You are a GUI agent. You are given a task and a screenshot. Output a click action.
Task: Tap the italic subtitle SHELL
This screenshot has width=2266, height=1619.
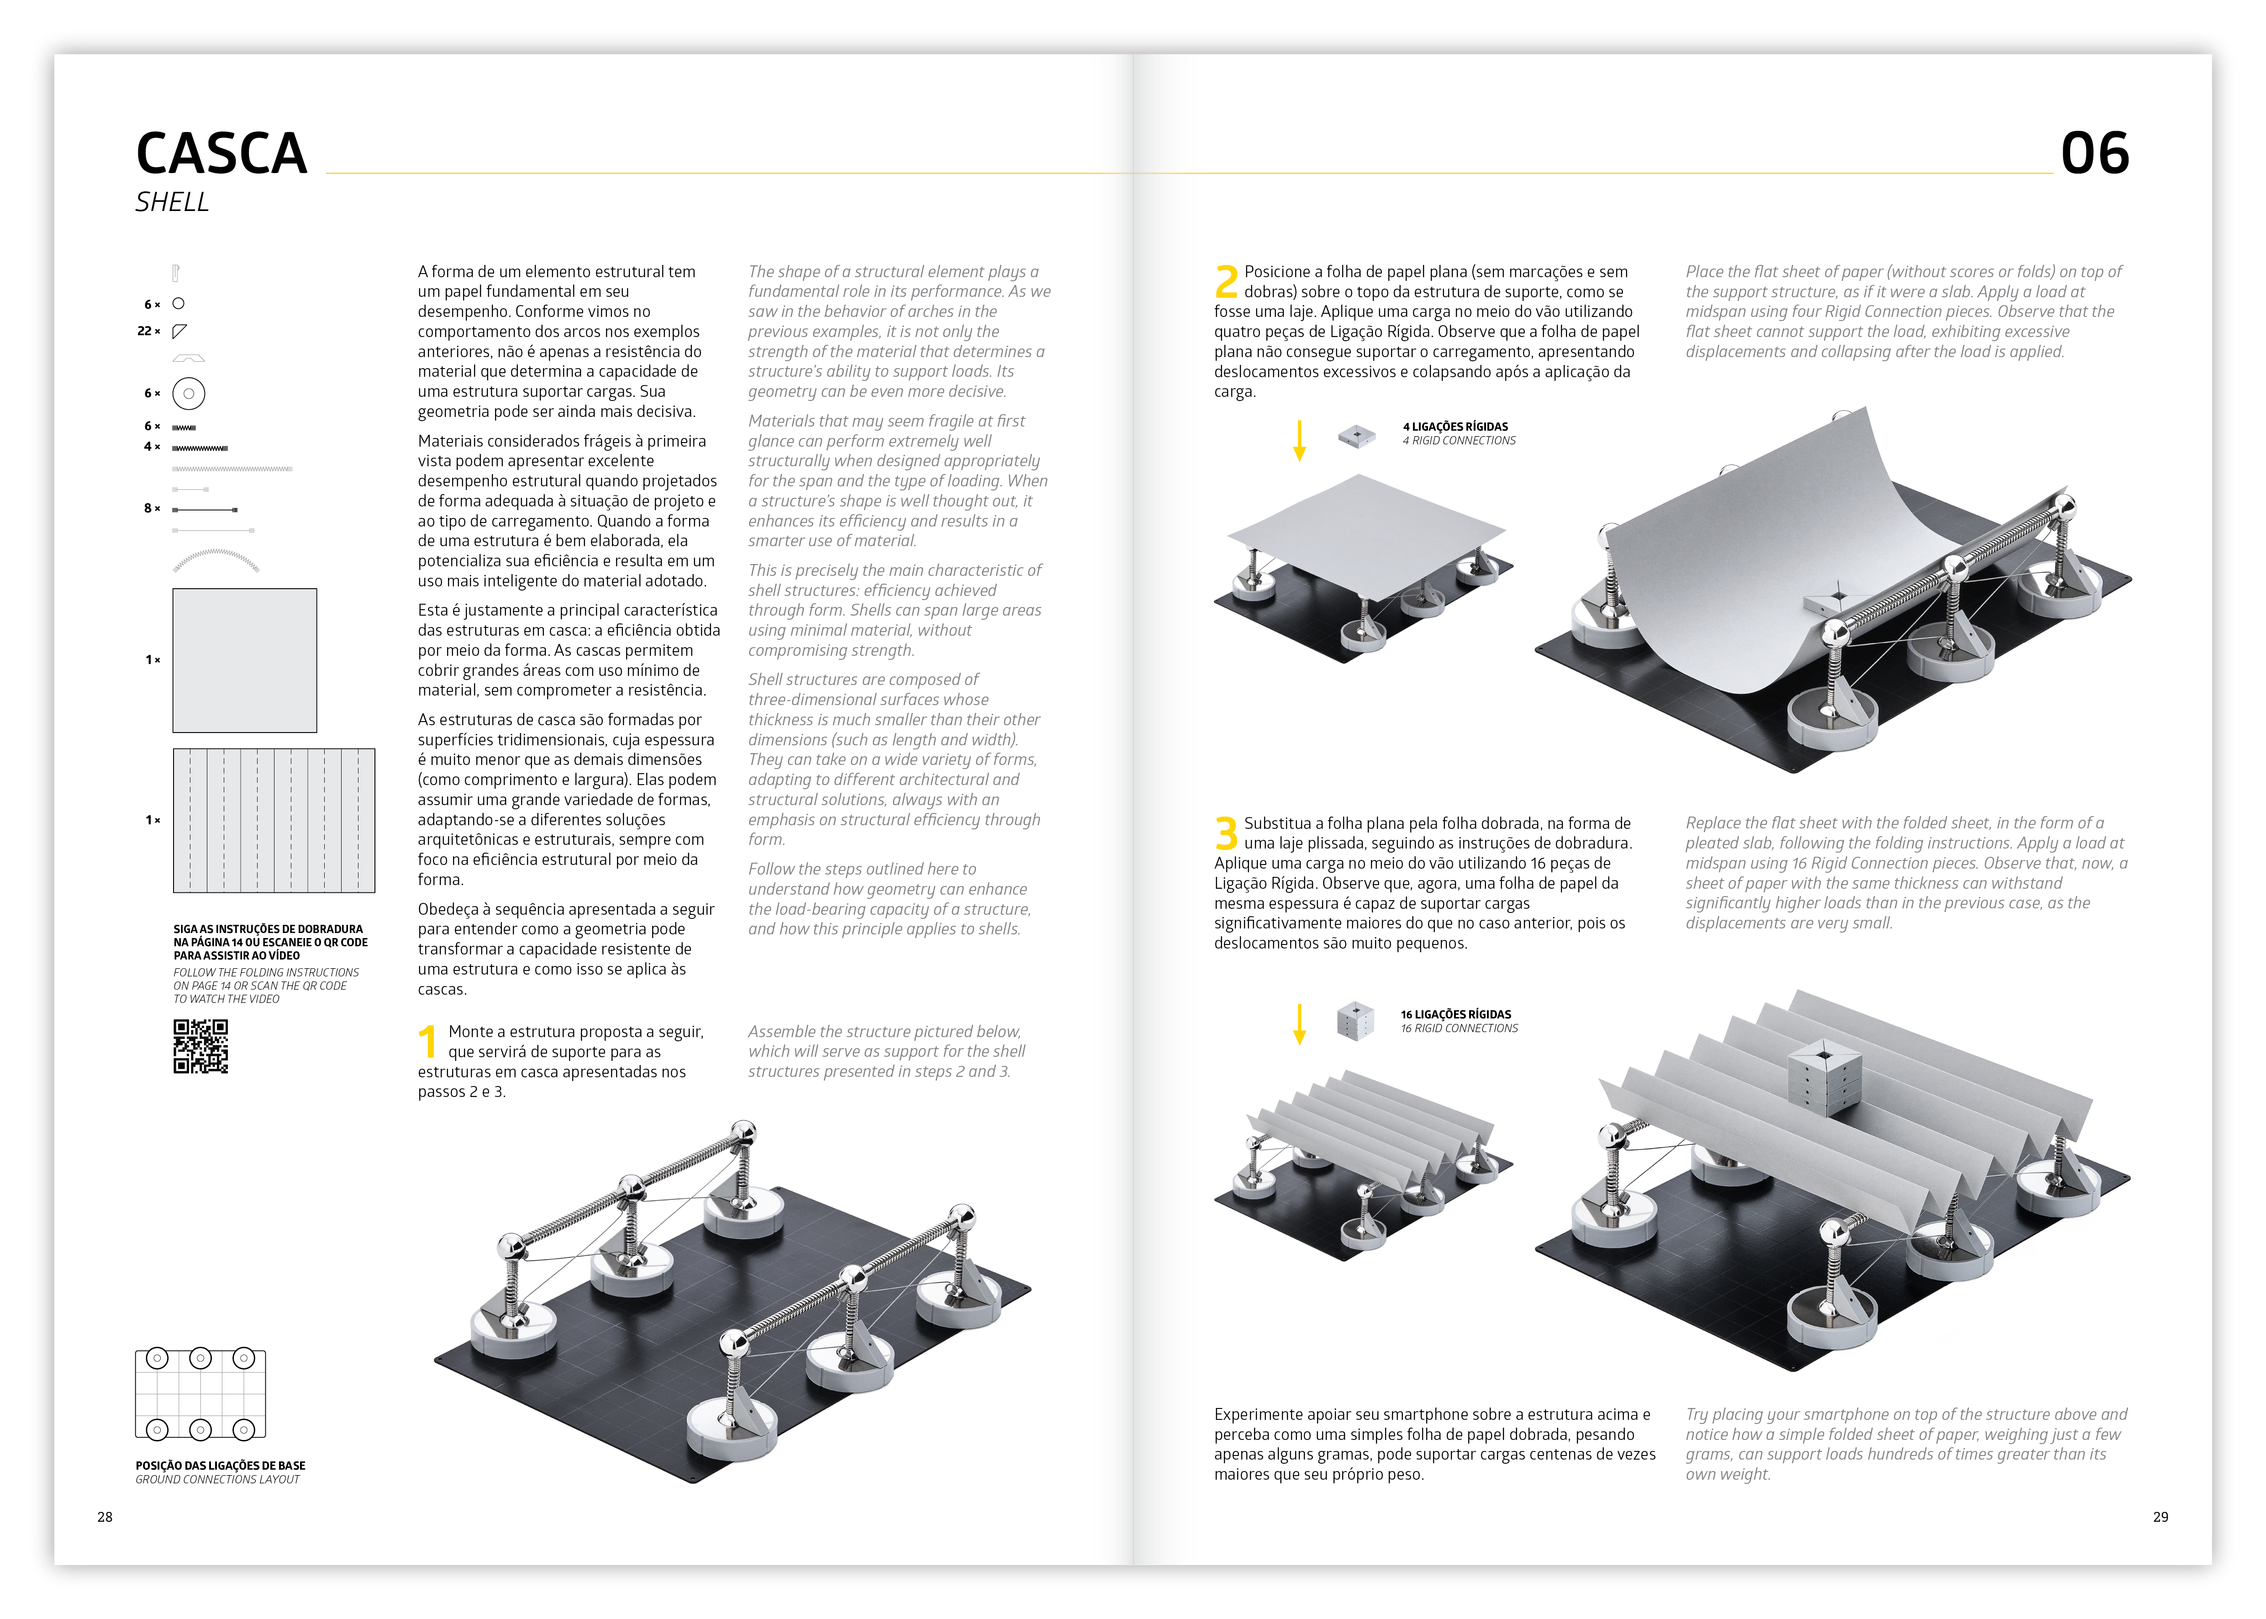pos(173,202)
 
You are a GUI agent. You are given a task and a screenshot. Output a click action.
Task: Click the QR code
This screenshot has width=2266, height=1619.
pos(200,1046)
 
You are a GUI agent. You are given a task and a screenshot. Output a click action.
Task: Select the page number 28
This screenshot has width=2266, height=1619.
pos(105,1516)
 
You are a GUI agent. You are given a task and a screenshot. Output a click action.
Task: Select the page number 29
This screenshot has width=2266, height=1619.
pos(2161,1516)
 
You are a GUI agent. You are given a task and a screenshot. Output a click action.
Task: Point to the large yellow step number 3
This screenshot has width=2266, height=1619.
pos(1226,833)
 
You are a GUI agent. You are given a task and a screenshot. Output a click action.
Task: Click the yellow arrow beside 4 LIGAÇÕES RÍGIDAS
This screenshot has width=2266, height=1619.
pos(1299,440)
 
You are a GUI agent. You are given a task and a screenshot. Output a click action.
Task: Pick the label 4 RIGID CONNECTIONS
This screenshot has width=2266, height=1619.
pos(1459,441)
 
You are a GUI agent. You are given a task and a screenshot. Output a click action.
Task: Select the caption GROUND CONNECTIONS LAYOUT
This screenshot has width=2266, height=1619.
pos(217,1479)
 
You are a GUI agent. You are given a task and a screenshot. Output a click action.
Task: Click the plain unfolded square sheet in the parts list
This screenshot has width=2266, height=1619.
pos(244,660)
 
